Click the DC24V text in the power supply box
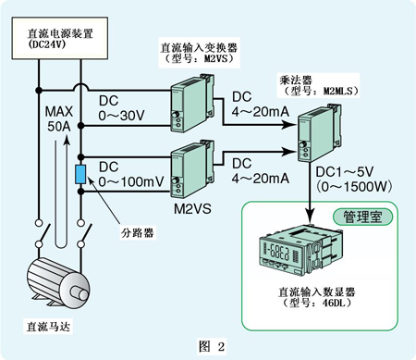pyautogui.click(x=47, y=44)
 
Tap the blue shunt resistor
pyautogui.click(x=80, y=175)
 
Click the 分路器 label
pyautogui.click(x=137, y=232)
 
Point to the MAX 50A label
pyautogui.click(x=59, y=118)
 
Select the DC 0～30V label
pyautogui.click(x=121, y=108)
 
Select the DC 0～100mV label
pyautogui.click(x=131, y=174)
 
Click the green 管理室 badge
pyautogui.click(x=362, y=217)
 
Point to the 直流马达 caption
pyautogui.click(x=48, y=327)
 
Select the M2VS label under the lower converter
pyautogui.click(x=192, y=209)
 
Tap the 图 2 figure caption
pyautogui.click(x=212, y=347)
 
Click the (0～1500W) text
pyautogui.click(x=354, y=187)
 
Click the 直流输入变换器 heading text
pyautogui.click(x=199, y=48)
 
